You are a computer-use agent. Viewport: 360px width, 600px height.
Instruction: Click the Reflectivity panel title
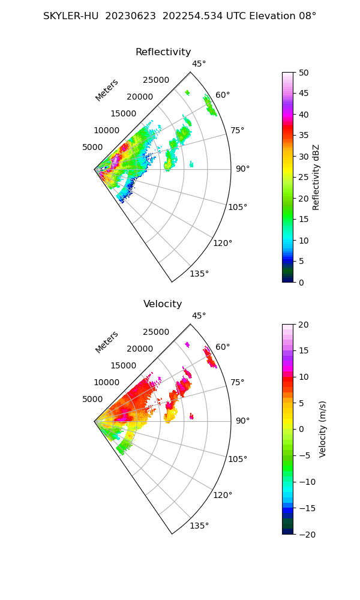coord(163,52)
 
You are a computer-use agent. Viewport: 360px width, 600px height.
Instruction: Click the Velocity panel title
coord(163,304)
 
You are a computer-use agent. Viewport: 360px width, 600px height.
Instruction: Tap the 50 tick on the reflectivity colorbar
coord(304,73)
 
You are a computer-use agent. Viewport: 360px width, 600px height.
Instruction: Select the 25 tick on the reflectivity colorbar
coord(304,178)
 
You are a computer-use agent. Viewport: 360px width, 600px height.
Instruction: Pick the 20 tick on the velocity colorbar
coord(304,325)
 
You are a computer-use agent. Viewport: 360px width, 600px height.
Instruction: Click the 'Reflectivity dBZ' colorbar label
coord(316,177)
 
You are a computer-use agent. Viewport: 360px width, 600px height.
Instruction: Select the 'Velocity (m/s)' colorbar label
coord(322,429)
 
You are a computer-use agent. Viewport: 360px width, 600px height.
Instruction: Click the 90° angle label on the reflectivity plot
coord(242,169)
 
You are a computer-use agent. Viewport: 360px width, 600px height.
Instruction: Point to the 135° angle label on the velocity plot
coord(199,526)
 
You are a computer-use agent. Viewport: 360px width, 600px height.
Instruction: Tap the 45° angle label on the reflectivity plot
coord(199,64)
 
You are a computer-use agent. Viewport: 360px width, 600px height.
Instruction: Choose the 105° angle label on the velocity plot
coord(238,459)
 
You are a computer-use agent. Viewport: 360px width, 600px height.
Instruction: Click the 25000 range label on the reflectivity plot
coord(156,80)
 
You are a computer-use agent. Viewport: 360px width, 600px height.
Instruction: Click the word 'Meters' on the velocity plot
coord(107,342)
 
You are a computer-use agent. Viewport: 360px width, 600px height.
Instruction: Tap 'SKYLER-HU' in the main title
coord(71,16)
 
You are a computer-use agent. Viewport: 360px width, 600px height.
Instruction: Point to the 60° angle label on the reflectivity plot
coord(223,95)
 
